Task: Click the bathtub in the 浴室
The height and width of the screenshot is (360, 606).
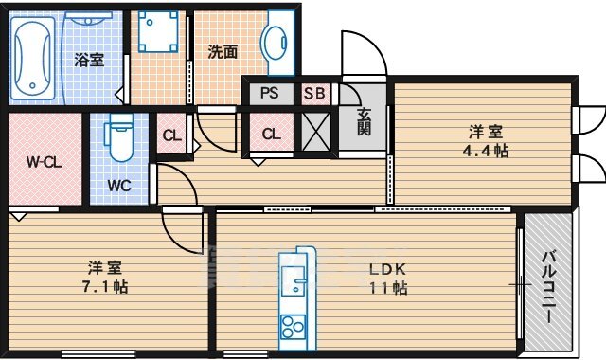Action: tap(32, 58)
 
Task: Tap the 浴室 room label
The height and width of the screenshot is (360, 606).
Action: tap(89, 60)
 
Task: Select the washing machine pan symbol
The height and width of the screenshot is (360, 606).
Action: tap(158, 31)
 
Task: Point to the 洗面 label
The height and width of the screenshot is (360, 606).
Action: tap(223, 52)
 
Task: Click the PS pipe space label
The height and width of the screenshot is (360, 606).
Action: tap(269, 93)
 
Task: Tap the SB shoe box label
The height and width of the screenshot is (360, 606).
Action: tap(315, 93)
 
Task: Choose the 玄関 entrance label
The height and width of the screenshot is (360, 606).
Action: tap(364, 121)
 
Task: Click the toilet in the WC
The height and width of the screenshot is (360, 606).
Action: tap(119, 136)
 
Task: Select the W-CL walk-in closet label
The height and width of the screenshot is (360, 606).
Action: tap(45, 162)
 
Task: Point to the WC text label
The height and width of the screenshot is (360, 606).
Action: tap(119, 186)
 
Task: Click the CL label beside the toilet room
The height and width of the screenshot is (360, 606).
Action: tap(171, 135)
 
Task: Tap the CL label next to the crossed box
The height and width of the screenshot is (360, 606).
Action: tap(272, 135)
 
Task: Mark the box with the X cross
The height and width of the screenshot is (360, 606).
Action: tap(316, 132)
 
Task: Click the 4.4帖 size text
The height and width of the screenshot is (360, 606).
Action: tap(486, 151)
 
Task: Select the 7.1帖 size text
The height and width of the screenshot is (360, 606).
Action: tap(105, 287)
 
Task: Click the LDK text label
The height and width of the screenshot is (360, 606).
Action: tap(387, 269)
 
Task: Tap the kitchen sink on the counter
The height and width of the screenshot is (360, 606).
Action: tap(293, 281)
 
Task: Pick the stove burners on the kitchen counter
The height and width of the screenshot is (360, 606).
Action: tap(293, 327)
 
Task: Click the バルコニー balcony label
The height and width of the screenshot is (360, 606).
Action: tap(548, 287)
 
